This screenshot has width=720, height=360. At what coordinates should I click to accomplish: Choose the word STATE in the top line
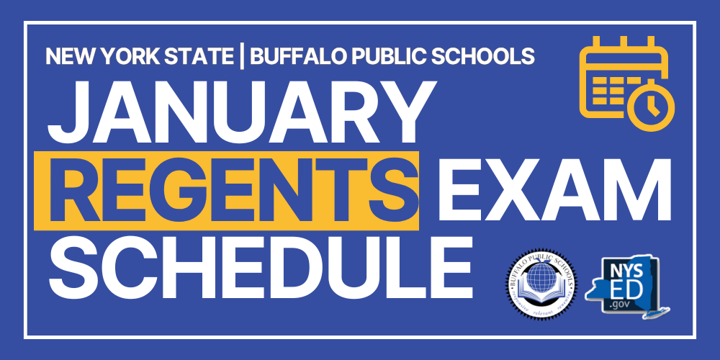tap(209, 55)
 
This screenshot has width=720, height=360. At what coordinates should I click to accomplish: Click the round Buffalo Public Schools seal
tap(539, 282)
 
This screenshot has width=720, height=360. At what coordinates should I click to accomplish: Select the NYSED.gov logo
tap(626, 283)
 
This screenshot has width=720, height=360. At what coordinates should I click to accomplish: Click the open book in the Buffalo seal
tap(539, 292)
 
